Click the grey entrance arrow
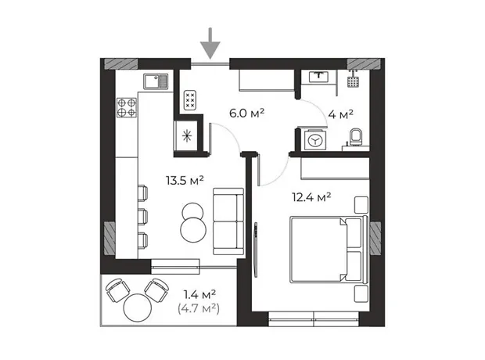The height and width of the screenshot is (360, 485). [210, 43]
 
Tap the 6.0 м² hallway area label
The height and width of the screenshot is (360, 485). [246, 113]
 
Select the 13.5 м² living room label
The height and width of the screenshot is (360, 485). [185, 180]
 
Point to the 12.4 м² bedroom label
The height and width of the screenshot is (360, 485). [311, 197]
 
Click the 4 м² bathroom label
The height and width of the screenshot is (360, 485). [340, 114]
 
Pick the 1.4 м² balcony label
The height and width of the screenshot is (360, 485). [199, 294]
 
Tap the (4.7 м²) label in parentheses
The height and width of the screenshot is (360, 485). [199, 308]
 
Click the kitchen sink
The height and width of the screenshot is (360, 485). [156, 81]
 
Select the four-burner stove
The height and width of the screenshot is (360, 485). [127, 107]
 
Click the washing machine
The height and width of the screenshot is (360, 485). [315, 141]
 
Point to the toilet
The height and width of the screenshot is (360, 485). [356, 137]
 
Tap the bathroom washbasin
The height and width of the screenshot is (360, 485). [319, 77]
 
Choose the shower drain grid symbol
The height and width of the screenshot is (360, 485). [353, 81]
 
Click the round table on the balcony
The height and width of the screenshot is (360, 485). [138, 308]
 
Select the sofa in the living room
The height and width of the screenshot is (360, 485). [228, 221]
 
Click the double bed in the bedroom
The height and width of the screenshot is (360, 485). [329, 250]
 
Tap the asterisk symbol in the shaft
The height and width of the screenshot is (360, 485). [186, 136]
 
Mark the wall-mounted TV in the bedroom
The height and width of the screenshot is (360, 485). [256, 250]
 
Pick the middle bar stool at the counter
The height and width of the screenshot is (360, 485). [142, 217]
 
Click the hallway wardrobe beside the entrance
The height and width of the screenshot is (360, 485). [267, 81]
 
